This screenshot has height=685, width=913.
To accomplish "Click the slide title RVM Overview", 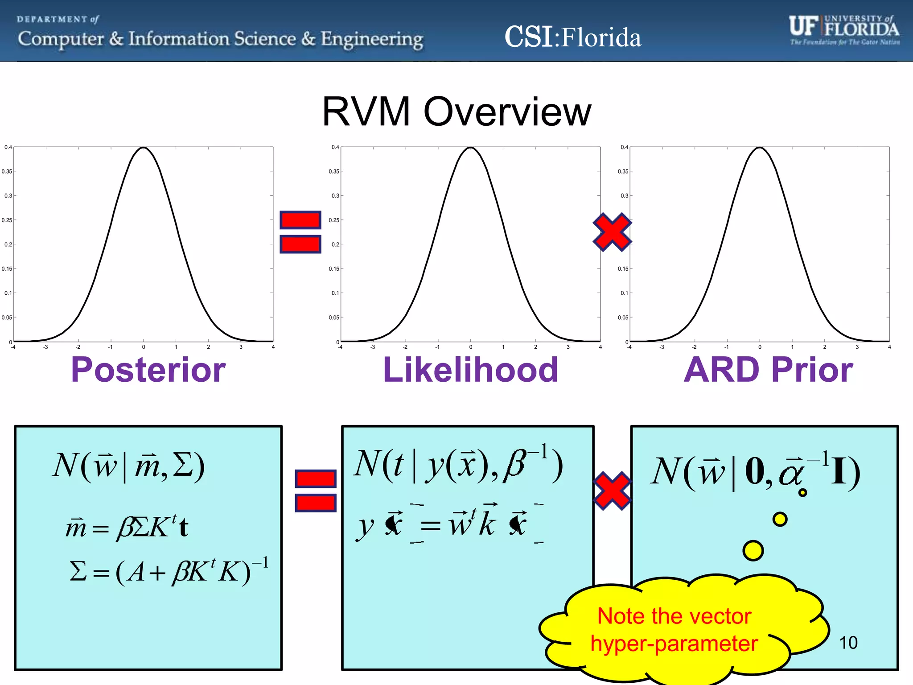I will pyautogui.click(x=456, y=111).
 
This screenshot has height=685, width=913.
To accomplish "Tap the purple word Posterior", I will pyautogui.click(x=148, y=370).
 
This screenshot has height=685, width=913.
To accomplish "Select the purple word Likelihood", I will pyautogui.click(x=470, y=370).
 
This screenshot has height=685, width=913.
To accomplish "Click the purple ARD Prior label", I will pyautogui.click(x=768, y=370).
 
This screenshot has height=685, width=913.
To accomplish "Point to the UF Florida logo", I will pyautogui.click(x=844, y=29).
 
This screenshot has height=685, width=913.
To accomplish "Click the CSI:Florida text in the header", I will pyautogui.click(x=572, y=37).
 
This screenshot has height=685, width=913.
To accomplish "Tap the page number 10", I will pyautogui.click(x=848, y=643).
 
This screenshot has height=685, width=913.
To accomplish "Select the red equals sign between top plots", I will pyautogui.click(x=300, y=232).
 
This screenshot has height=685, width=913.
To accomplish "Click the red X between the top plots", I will pyautogui.click(x=612, y=232).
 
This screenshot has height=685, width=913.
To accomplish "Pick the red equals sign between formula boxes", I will pyautogui.click(x=316, y=491).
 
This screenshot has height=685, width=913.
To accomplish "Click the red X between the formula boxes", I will pyautogui.click(x=612, y=491).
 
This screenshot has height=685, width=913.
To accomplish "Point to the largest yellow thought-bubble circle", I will pyautogui.click(x=753, y=550).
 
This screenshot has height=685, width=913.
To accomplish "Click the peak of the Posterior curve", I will pyautogui.click(x=143, y=148).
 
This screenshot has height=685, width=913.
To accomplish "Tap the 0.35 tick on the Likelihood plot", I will pyautogui.click(x=334, y=171).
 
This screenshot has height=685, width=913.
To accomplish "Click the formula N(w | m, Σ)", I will pyautogui.click(x=128, y=466).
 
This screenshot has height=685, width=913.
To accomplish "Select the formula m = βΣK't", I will pyautogui.click(x=127, y=528).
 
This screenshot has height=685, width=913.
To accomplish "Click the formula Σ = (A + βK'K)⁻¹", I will pyautogui.click(x=169, y=571).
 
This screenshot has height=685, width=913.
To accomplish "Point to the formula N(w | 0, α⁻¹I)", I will pyautogui.click(x=755, y=472).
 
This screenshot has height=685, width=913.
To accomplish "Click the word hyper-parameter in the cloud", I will pyautogui.click(x=674, y=644).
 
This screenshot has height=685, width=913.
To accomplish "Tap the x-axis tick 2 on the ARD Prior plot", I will pyautogui.click(x=824, y=347).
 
